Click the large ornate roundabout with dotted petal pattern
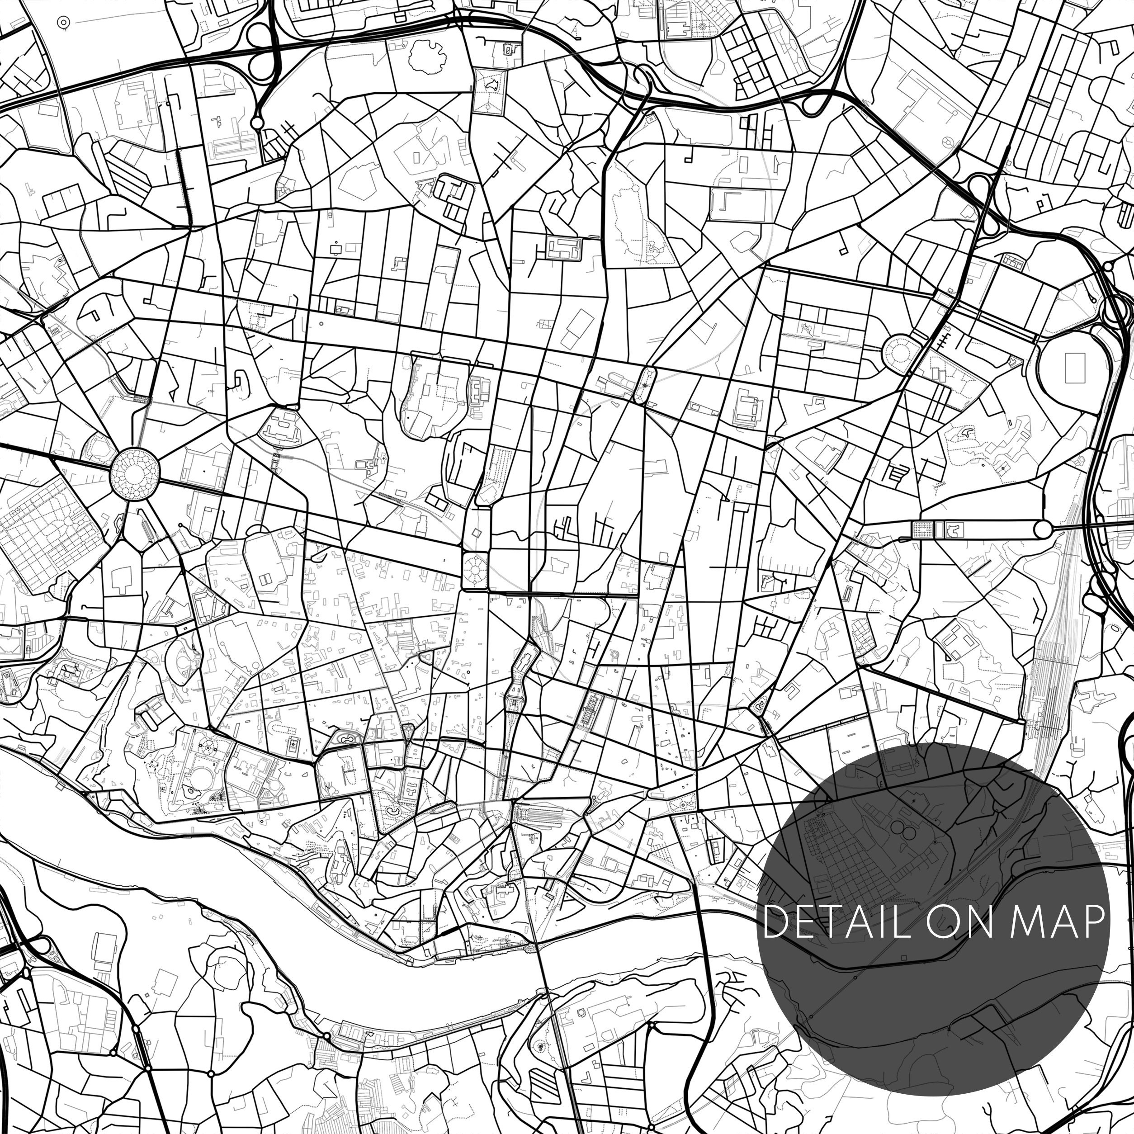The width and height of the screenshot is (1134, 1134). tap(134, 471)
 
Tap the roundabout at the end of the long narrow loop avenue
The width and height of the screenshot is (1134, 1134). tap(1042, 529)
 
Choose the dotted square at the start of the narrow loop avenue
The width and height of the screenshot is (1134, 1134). tap(923, 529)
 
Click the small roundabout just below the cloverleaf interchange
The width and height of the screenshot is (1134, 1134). tap(256, 123)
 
